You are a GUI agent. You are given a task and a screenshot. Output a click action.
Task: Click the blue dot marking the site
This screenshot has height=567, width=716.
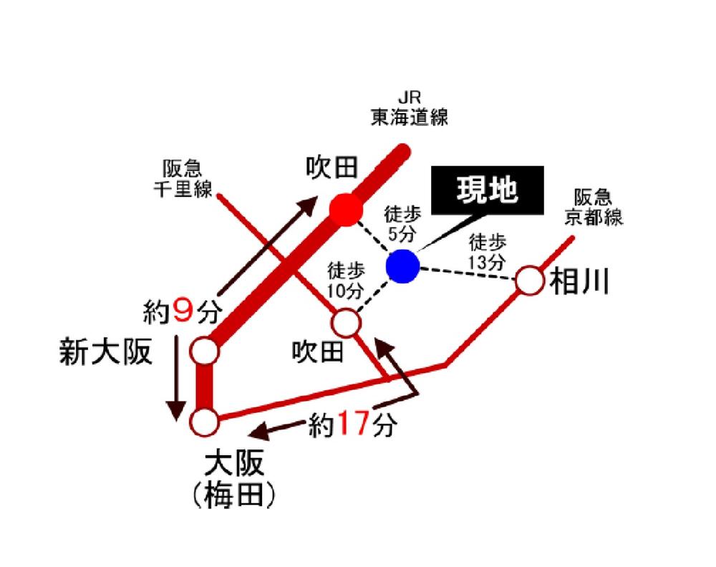click(x=402, y=266)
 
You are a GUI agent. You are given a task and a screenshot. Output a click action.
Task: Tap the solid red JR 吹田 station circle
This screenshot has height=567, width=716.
click(x=345, y=210)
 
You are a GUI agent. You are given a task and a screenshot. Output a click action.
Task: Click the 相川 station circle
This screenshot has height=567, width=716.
click(x=531, y=280)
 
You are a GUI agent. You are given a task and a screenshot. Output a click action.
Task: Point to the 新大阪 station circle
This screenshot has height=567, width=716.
click(x=205, y=352)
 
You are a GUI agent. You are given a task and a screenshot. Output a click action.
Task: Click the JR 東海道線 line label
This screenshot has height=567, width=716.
click(x=410, y=108)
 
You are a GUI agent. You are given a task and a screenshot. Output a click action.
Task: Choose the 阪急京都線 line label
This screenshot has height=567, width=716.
click(x=594, y=207)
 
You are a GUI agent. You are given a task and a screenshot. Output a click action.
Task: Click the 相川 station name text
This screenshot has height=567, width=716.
click(x=579, y=283)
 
